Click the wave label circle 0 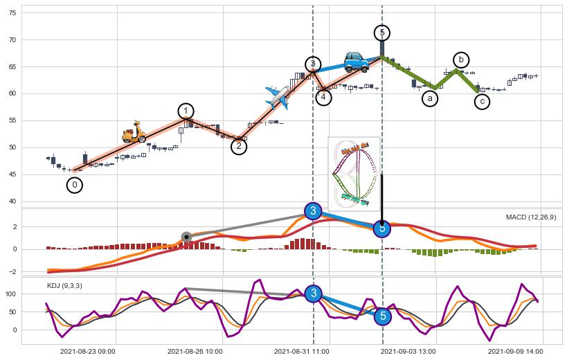coord(75,185)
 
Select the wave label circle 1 coord(186,111)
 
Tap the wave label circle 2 coord(239,146)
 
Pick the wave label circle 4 coord(323,98)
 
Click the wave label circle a coord(430,99)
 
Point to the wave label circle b coord(461,60)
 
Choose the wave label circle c coord(482,102)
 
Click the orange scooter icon coord(133,132)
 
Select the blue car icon coord(357,62)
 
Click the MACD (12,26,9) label coord(530,217)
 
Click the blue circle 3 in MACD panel coord(313,211)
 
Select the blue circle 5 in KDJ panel coord(382,316)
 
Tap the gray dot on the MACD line coord(186,237)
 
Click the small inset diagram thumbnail coord(354,173)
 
